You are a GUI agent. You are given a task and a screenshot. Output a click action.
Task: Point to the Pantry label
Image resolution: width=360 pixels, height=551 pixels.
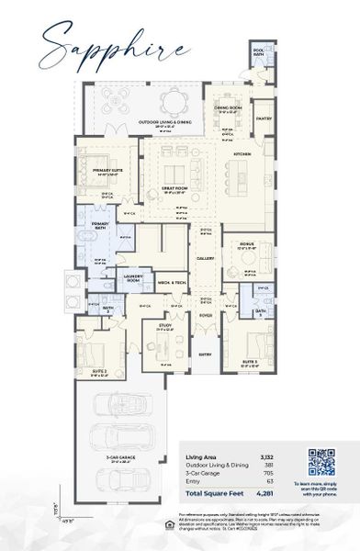(x=264, y=118)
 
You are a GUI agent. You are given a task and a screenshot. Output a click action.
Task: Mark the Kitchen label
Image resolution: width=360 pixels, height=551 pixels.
(x=242, y=153)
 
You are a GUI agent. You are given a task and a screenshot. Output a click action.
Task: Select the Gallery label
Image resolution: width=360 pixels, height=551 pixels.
(x=205, y=259)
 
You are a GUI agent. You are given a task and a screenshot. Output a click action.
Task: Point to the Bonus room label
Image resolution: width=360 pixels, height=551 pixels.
(x=244, y=244)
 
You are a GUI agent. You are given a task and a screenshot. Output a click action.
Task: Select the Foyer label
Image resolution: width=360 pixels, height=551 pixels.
(x=205, y=315)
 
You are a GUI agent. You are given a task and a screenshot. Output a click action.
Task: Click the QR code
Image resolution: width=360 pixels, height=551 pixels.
(x=321, y=463)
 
